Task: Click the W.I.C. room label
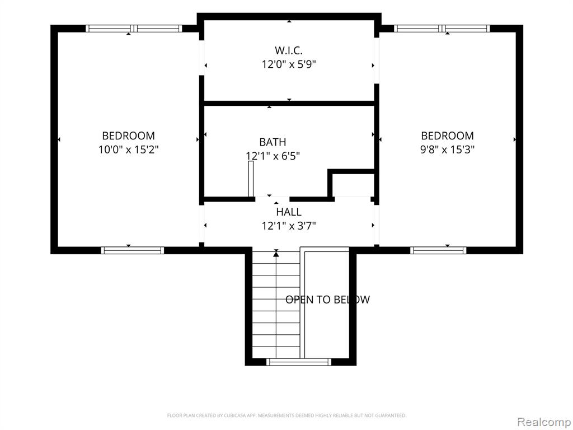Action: pos(289,50)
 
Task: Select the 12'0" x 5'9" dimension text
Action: pos(289,64)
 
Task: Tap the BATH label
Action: pos(273,142)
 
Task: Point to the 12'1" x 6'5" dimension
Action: pos(273,156)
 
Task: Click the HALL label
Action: pos(289,212)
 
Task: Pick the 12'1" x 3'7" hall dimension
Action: pos(289,226)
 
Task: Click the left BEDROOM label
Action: pos(128,135)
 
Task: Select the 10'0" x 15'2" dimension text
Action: pos(128,149)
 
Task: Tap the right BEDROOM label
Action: pos(447,135)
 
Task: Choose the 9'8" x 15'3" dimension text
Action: pos(447,149)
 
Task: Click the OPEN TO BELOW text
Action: pos(327,300)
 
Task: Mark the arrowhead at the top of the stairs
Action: pos(276,253)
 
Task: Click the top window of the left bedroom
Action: pos(134,29)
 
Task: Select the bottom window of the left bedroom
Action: pos(132,250)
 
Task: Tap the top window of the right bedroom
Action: pos(442,29)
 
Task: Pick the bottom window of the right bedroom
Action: pos(438,250)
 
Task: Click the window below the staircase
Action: pos(299,362)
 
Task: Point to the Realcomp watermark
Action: pos(544,422)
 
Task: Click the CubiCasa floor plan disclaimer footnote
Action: pos(286,415)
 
